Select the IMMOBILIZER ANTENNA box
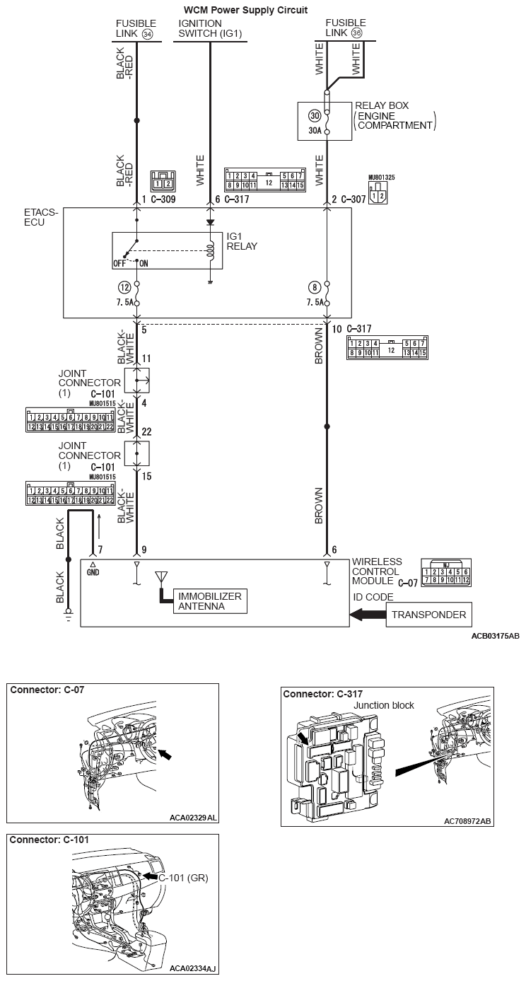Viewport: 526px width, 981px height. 210,601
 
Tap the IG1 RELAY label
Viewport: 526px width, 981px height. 242,242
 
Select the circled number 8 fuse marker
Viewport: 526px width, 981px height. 315,287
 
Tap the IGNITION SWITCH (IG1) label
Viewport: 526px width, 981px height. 210,28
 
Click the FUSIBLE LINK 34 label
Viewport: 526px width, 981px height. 136,28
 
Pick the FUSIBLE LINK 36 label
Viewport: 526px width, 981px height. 346,28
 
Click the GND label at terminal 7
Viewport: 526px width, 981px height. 93,571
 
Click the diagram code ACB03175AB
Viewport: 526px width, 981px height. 495,636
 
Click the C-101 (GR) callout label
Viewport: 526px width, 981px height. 182,878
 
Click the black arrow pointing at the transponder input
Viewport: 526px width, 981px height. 367,615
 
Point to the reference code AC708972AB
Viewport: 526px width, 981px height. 467,821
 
